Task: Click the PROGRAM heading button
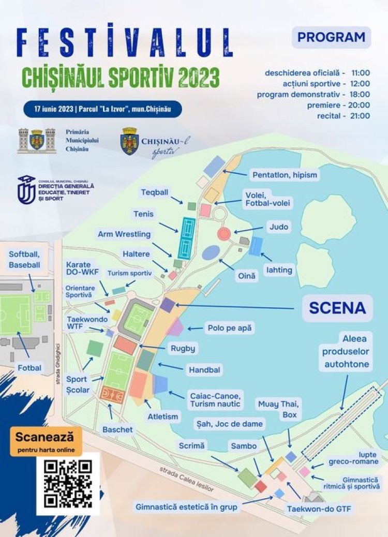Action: tap(331, 37)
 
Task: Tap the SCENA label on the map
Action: tap(337, 308)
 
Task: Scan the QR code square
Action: tap(68, 484)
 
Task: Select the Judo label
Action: tap(278, 227)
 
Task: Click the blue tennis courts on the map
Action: tap(186, 238)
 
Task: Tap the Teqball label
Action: tap(155, 192)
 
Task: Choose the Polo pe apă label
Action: tap(231, 328)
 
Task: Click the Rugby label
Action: tap(183, 348)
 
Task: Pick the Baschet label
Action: tap(117, 429)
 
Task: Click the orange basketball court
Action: tap(112, 396)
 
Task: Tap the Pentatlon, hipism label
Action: tap(285, 175)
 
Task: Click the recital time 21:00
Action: tap(360, 115)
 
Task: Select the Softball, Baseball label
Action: tap(24, 259)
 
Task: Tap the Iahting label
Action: tap(280, 270)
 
